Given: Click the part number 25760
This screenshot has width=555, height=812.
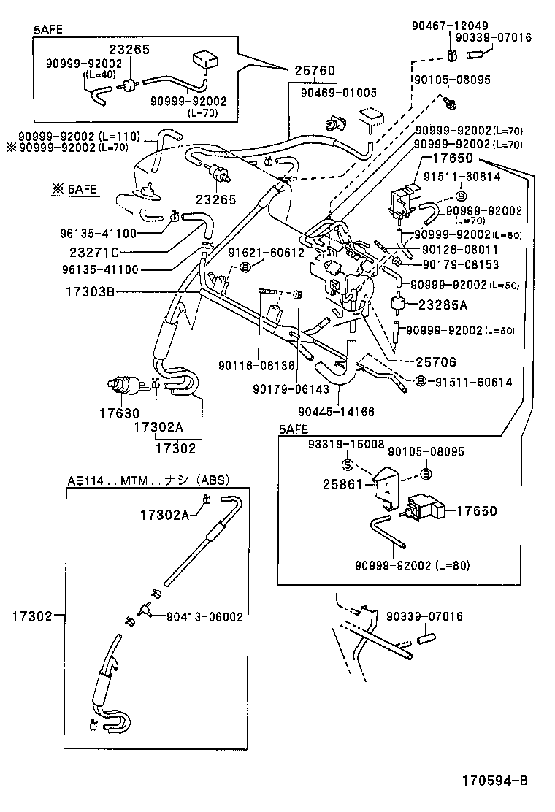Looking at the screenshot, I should [315, 71].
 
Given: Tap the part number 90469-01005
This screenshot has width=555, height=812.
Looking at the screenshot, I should [339, 93].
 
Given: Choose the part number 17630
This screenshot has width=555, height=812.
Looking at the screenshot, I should [119, 413].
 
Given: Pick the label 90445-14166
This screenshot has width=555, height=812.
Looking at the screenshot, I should [336, 412].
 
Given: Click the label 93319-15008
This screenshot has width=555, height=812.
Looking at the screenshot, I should [346, 444].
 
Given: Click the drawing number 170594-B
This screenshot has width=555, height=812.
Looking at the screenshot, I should [494, 781].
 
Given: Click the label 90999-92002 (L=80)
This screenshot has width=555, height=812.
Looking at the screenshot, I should [412, 565].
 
